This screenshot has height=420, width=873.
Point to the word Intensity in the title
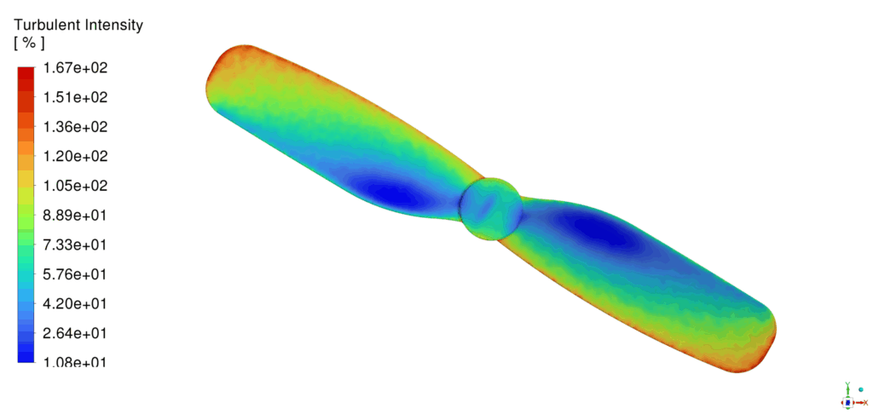[113, 26]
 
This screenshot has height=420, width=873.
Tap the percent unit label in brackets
[30, 43]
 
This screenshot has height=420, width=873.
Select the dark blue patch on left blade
[388, 193]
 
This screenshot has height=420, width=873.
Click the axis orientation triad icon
[849, 398]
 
